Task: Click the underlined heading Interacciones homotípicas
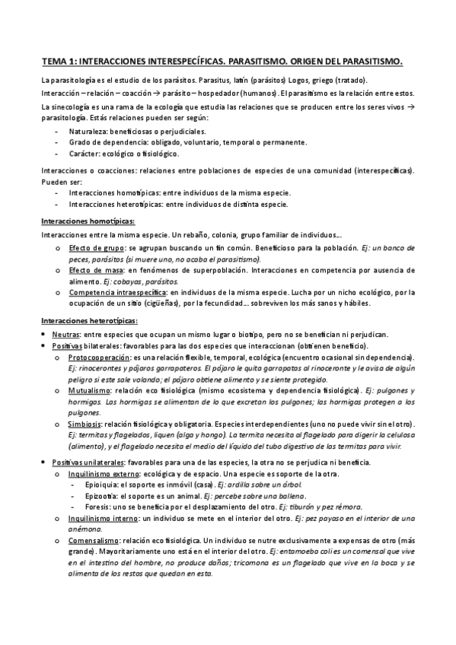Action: [x=88, y=221]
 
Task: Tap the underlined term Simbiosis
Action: [x=85, y=422]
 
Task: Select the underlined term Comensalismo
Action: [x=95, y=539]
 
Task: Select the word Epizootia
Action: [x=103, y=496]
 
